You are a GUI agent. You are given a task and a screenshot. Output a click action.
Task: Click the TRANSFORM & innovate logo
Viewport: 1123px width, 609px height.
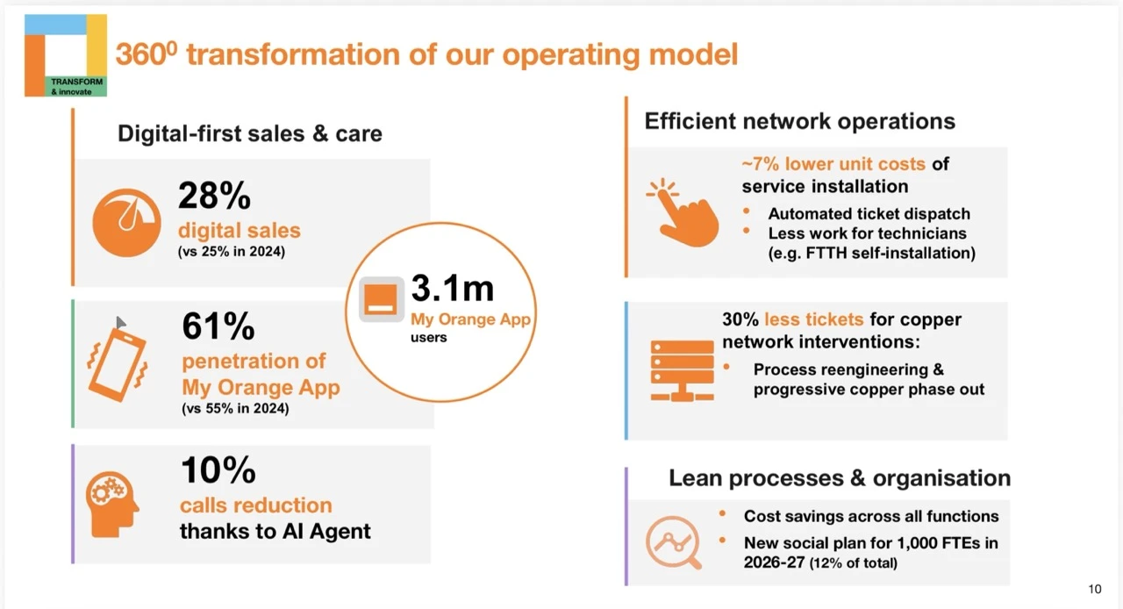pyautogui.click(x=66, y=55)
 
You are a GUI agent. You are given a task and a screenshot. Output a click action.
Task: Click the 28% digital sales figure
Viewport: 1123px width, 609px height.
pyautogui.click(x=214, y=196)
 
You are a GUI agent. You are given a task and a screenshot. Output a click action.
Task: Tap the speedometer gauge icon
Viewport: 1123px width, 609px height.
pyautogui.click(x=127, y=223)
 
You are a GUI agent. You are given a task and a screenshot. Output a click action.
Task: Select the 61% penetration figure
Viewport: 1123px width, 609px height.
pyautogui.click(x=218, y=326)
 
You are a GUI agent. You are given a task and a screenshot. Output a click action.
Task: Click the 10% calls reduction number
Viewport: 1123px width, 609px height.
pyautogui.click(x=218, y=470)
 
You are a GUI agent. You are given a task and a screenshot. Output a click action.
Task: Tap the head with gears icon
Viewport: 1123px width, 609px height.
pyautogui.click(x=112, y=505)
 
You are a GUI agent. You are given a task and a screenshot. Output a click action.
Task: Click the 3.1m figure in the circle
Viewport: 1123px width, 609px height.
pyautogui.click(x=452, y=289)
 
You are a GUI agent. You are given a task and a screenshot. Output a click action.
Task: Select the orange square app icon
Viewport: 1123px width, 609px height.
pyautogui.click(x=382, y=299)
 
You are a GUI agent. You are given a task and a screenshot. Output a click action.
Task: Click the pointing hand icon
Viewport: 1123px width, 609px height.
pyautogui.click(x=683, y=212)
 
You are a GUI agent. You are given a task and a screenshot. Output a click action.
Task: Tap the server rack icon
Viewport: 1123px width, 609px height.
pyautogui.click(x=682, y=370)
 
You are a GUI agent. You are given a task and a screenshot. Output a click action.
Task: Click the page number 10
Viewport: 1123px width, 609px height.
pyautogui.click(x=1095, y=589)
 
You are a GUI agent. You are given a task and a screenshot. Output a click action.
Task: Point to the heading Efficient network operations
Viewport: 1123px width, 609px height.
pyautogui.click(x=799, y=121)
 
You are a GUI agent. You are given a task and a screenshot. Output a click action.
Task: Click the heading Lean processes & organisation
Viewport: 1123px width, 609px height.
pyautogui.click(x=840, y=478)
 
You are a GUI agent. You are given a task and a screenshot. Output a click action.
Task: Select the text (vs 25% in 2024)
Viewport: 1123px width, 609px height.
pyautogui.click(x=232, y=251)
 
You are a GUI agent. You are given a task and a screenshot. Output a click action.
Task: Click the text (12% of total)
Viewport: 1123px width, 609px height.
pyautogui.click(x=854, y=562)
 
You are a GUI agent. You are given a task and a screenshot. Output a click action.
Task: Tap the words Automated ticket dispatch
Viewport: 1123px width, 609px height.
pyautogui.click(x=869, y=214)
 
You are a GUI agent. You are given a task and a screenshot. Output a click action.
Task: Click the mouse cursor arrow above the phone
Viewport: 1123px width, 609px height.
pyautogui.click(x=121, y=323)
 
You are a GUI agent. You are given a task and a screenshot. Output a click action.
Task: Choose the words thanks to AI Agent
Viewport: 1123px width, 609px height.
pyautogui.click(x=275, y=531)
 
